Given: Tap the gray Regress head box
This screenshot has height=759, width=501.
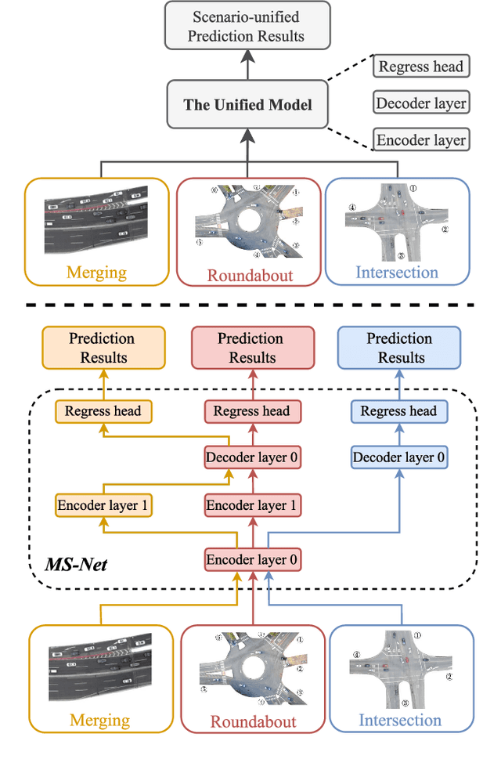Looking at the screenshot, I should point(420,67).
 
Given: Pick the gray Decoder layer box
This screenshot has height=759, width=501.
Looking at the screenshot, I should point(420,103).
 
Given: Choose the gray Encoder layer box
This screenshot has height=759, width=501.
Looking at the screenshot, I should point(420,140).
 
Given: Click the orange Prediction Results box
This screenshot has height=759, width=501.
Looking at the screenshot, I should point(102,348).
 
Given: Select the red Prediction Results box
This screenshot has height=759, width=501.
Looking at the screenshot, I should point(251,348).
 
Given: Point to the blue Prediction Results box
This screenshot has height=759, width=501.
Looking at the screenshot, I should point(400,348).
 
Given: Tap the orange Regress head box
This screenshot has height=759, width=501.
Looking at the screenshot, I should point(103,411).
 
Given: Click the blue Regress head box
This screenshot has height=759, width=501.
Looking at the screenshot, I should point(398,411).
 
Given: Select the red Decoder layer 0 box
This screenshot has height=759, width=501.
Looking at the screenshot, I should point(251,457).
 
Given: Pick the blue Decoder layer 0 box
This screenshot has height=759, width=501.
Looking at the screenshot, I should point(399,457).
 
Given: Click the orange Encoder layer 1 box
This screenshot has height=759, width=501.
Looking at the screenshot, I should point(103,505).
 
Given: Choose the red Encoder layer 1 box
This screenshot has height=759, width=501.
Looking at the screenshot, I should point(251,505).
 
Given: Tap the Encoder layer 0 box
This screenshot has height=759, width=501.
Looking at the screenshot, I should point(251,559).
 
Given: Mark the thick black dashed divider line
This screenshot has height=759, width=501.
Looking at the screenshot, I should point(250,305).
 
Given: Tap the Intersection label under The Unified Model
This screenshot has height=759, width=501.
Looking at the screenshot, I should point(397,273).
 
